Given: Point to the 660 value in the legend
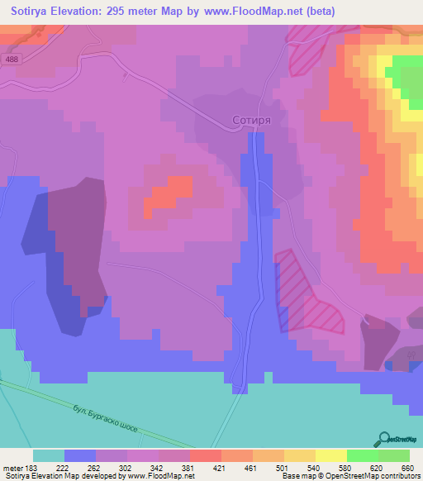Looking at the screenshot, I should (407, 467).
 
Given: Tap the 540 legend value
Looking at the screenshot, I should (314, 467).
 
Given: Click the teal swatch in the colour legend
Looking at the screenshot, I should (49, 455).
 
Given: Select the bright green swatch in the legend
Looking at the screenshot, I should (362, 455).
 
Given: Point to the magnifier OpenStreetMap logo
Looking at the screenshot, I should (385, 439).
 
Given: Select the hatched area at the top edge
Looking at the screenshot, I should (307, 55).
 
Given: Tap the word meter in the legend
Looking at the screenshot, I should (13, 467).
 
